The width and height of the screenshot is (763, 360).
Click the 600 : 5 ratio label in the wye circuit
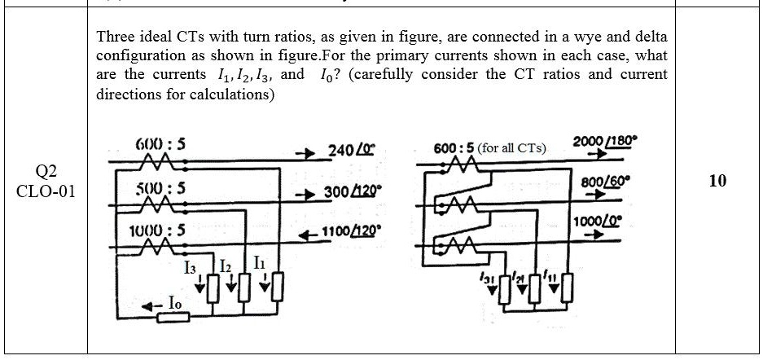click(160, 144)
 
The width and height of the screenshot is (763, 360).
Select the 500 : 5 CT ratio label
click(160, 187)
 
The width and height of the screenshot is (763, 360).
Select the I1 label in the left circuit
click(259, 263)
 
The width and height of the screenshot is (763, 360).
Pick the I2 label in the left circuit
click(228, 267)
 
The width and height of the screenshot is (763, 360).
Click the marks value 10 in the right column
click(717, 181)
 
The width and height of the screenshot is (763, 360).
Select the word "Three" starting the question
click(115, 37)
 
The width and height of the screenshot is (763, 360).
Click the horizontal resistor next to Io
click(173, 316)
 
